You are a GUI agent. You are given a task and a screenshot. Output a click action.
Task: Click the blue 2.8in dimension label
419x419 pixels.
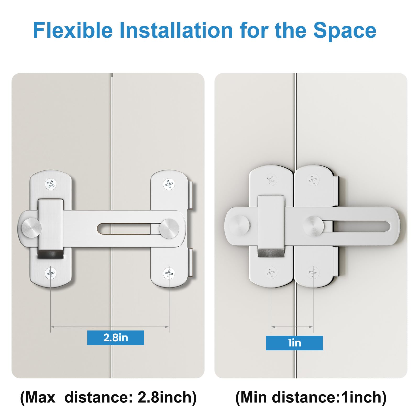[x=115, y=338]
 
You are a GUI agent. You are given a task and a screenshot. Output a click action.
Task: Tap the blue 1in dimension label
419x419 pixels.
[x=294, y=343]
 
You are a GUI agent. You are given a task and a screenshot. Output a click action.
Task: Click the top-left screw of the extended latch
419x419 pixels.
[x=51, y=184]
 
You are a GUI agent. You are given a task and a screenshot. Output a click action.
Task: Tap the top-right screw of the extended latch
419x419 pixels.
[x=169, y=184]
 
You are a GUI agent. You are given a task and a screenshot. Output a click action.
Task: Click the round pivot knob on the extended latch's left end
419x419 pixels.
[x=31, y=227]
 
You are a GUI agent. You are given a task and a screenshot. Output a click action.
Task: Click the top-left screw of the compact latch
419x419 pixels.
[x=271, y=180]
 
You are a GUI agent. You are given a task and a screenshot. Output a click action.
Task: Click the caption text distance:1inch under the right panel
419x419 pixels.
[x=329, y=397]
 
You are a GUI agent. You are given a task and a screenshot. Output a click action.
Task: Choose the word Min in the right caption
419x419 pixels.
[x=253, y=397]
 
